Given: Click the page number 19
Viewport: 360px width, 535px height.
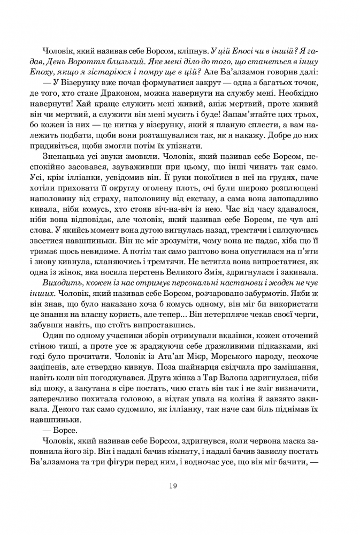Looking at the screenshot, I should click(172, 486).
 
